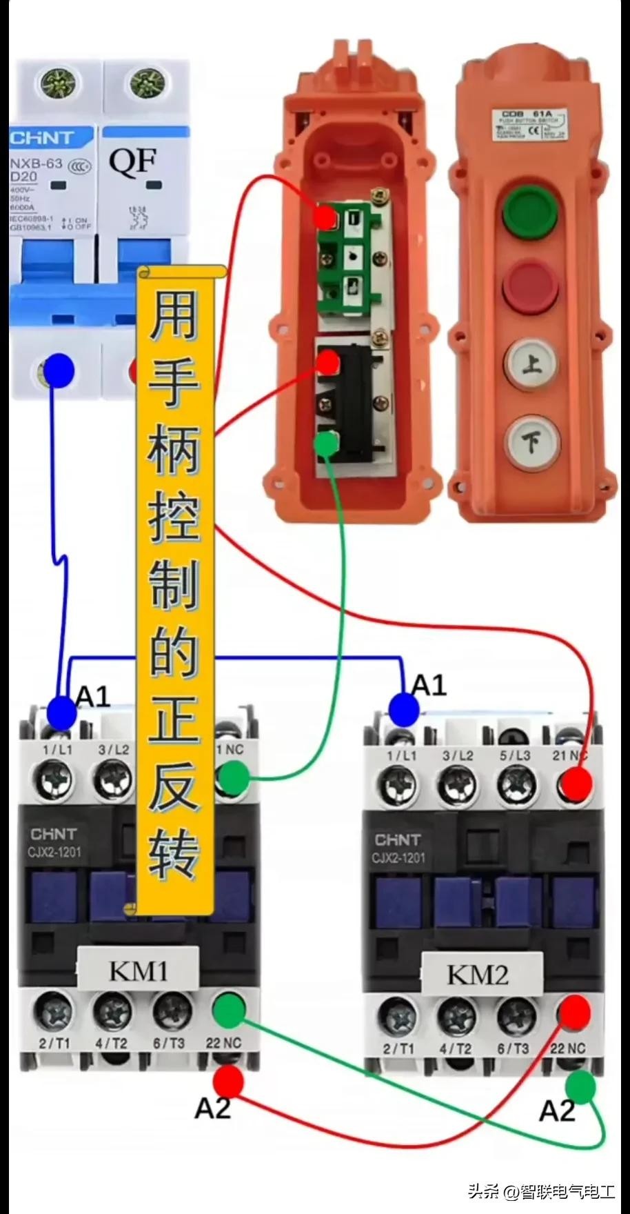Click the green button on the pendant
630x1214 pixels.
pos(529,210)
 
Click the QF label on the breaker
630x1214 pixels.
pos(132,161)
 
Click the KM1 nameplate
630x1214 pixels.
pos(138,971)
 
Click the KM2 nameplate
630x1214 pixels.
pos(478,975)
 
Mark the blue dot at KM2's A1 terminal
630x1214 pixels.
pos(404,710)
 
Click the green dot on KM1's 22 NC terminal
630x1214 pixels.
pos(228,1011)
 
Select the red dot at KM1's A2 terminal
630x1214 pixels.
pos(228,1082)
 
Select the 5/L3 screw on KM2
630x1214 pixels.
pos(516,783)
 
